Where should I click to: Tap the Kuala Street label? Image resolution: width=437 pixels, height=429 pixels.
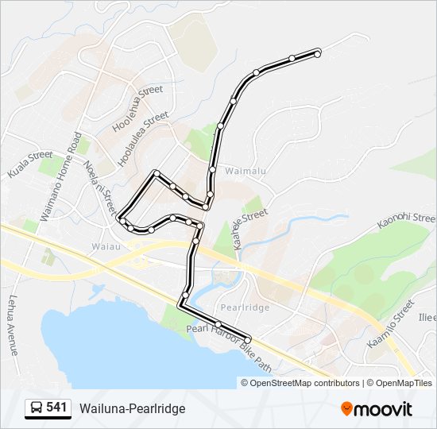pos(30,164)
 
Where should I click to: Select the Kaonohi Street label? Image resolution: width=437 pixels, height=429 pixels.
pos(406,220)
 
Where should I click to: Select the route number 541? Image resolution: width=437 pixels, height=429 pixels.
pos(56,408)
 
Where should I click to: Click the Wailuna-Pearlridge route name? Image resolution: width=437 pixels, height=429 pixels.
pos(132,408)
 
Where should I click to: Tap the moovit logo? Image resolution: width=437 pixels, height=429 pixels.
pos(377,409)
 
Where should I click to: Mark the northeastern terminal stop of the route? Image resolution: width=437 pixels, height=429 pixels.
pos(318,53)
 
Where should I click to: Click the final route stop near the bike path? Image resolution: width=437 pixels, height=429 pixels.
pos(247,339)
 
